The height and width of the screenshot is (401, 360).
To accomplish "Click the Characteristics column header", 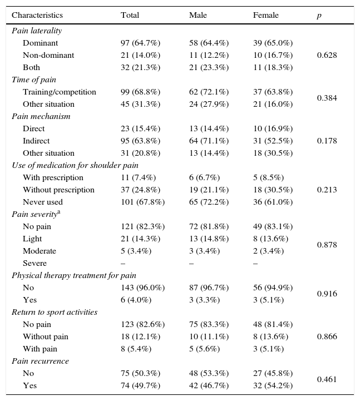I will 37,16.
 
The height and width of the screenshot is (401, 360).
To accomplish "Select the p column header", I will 319,16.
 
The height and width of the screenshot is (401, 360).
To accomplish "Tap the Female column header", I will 265,16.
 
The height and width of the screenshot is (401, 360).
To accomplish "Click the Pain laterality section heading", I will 37,31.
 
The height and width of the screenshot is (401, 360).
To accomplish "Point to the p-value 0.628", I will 327,56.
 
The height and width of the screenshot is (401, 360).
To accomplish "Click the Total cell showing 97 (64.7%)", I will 141,43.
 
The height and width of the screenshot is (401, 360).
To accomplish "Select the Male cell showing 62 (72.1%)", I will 209,92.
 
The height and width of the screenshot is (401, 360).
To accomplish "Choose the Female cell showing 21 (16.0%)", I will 273,105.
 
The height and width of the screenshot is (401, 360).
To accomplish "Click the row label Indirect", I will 36,141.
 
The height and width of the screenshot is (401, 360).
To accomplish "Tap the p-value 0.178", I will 327,141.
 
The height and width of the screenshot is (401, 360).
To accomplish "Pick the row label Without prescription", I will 58,190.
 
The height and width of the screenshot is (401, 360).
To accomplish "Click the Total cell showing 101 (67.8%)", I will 142,202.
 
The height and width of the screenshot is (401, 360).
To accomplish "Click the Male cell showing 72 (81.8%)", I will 209,227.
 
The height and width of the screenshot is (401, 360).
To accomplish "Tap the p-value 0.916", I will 327,294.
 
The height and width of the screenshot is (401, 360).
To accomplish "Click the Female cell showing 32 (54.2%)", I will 273,386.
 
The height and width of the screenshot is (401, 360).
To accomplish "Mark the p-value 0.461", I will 327,380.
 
